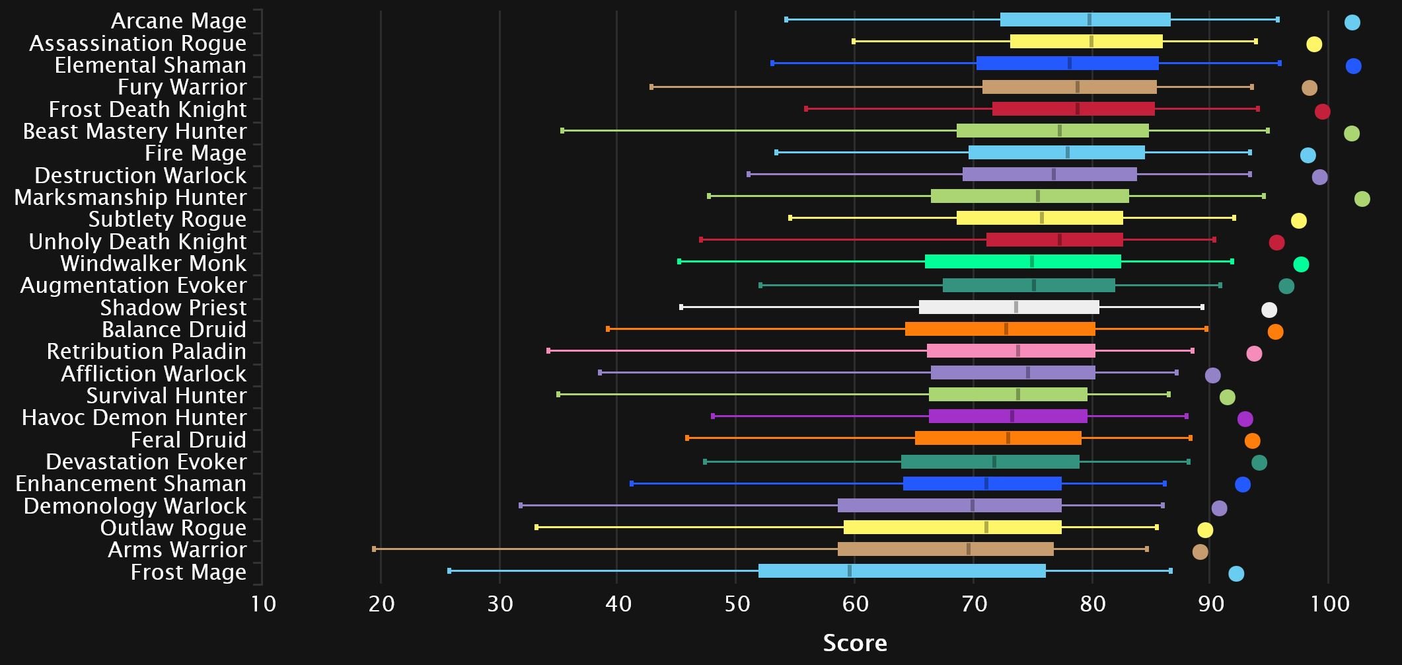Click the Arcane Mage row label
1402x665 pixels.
point(178,21)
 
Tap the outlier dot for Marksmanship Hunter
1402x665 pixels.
point(1362,199)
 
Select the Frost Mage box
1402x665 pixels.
point(902,571)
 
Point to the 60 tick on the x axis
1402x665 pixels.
point(855,604)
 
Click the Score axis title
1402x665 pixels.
point(854,643)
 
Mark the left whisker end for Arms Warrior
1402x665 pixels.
point(374,549)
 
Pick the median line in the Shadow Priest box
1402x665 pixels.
point(1016,307)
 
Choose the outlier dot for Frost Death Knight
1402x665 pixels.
point(1322,112)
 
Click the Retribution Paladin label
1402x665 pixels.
point(146,352)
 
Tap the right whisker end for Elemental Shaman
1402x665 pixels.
point(1280,63)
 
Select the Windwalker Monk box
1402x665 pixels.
point(1023,262)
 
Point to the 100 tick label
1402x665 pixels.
point(1329,604)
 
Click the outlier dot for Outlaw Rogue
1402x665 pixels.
point(1205,530)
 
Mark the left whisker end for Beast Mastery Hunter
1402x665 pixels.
point(562,131)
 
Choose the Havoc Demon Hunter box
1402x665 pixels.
point(1008,416)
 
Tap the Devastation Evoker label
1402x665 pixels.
point(146,461)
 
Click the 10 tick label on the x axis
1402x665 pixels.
point(263,604)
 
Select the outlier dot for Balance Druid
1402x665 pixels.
point(1275,332)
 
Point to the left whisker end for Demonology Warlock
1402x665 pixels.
point(521,506)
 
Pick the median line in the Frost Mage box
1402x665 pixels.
point(850,571)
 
